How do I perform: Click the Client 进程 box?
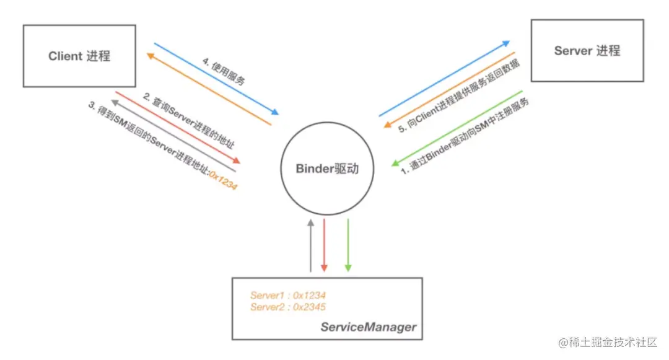pyautogui.click(x=79, y=56)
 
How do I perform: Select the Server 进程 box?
pyautogui.click(x=587, y=51)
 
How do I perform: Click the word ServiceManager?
pyautogui.click(x=368, y=327)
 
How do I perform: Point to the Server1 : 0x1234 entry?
pyautogui.click(x=288, y=296)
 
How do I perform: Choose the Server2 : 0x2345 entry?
pyautogui.click(x=288, y=307)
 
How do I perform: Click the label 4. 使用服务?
pyautogui.click(x=224, y=71)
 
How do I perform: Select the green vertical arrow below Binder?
pyautogui.click(x=348, y=244)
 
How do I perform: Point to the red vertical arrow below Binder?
pyautogui.click(x=323, y=244)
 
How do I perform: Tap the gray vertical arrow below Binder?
pyautogui.click(x=310, y=244)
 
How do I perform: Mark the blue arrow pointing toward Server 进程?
pyautogui.click(x=444, y=79)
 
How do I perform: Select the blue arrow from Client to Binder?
pyautogui.click(x=216, y=79)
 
